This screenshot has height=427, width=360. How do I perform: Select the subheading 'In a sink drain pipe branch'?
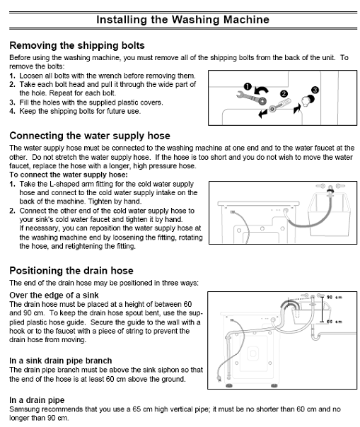pos(60,361)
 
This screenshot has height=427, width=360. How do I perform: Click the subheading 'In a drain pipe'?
pos(40,399)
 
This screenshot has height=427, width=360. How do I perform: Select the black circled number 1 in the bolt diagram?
pos(248,86)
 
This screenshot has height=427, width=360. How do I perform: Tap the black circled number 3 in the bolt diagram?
pos(315,90)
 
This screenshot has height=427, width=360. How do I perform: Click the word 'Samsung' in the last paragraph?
pos(26,409)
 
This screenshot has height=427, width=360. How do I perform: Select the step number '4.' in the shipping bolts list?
pos(13,112)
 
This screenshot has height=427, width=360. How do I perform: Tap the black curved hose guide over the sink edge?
pos(289,304)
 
